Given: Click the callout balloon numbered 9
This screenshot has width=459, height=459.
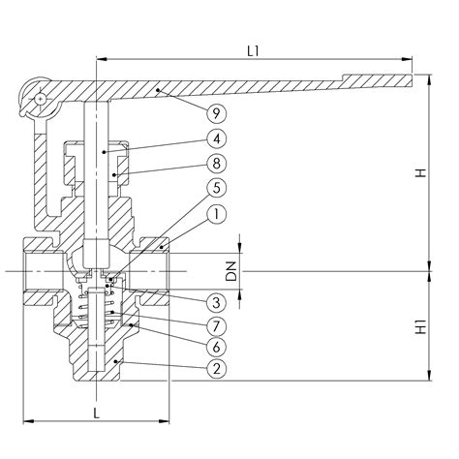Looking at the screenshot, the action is pos(217,113).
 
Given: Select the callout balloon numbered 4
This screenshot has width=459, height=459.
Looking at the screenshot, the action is pos(217,138).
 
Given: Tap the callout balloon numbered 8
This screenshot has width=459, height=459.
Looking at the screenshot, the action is pos(217,164).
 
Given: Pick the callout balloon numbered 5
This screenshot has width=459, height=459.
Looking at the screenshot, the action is pos(217,188).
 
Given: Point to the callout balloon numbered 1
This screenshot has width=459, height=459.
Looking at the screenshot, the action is pos(217,214).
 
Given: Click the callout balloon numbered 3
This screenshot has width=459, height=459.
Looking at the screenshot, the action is pos(217,302).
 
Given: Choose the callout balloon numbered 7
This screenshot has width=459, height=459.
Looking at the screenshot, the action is pos(217,326).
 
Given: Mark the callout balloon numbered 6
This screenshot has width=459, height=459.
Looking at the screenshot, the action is pos(217,347).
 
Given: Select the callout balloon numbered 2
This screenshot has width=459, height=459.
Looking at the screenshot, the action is pos(217,368).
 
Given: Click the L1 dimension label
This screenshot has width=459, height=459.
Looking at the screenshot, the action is pos(254,51).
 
